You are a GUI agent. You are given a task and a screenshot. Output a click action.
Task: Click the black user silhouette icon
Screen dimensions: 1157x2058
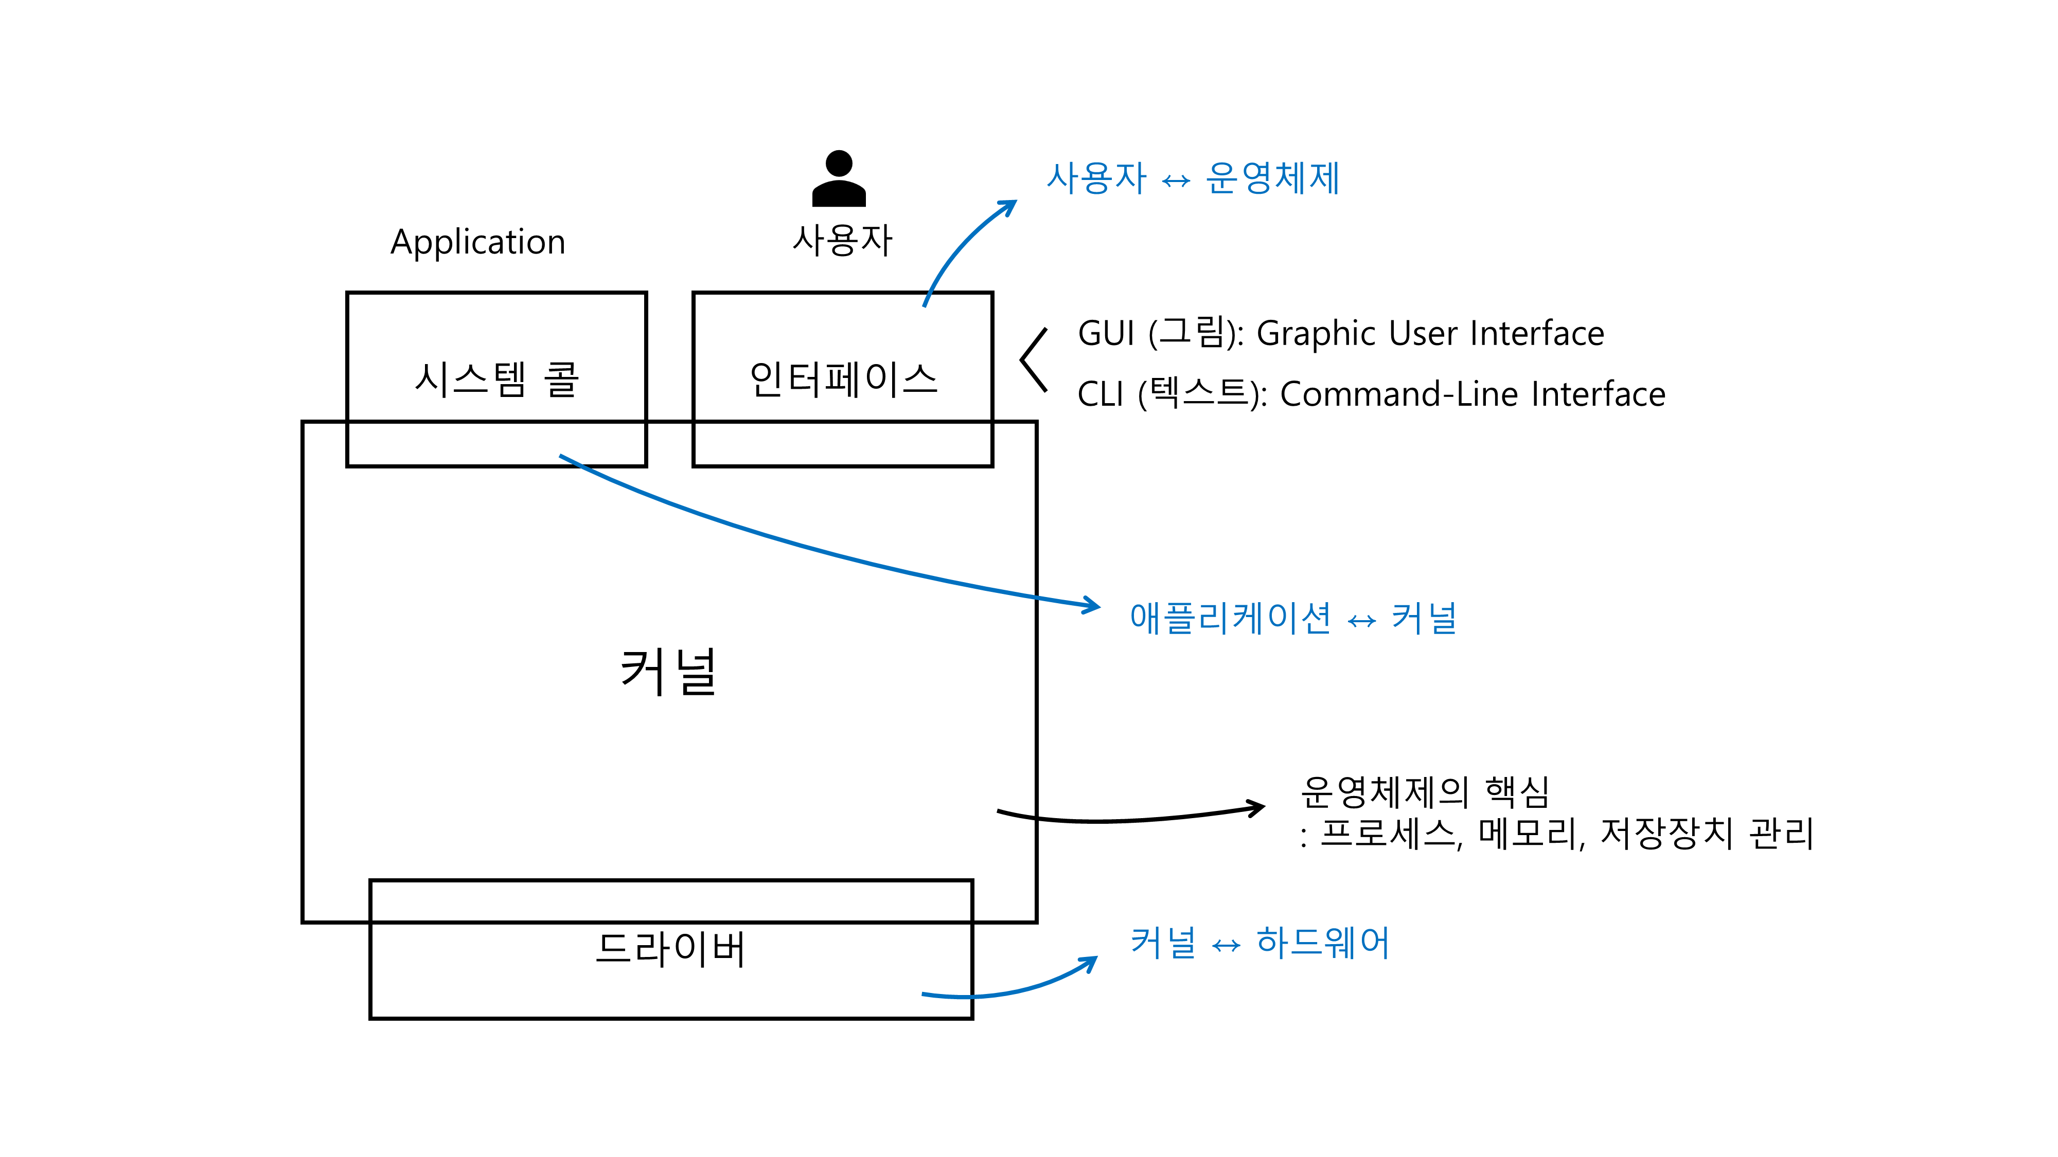[x=838, y=179]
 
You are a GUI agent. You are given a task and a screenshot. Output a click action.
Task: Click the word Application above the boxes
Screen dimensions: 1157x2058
[x=478, y=242]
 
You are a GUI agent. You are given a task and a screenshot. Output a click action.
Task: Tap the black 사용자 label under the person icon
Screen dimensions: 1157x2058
[x=842, y=240]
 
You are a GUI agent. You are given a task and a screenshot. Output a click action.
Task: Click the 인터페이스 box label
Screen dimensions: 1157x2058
[x=843, y=379]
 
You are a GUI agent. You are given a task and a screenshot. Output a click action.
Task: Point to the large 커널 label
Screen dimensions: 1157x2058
[x=669, y=672]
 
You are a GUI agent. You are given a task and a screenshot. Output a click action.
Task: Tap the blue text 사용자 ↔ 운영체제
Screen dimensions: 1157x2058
[x=1193, y=178]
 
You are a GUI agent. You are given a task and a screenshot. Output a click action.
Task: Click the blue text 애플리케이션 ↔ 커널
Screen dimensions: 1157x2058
[x=1292, y=618]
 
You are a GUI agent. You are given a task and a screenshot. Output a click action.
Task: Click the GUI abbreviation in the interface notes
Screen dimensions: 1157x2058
[x=1106, y=334]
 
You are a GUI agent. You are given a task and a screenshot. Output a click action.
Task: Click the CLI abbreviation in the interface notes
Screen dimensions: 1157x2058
[x=1100, y=394]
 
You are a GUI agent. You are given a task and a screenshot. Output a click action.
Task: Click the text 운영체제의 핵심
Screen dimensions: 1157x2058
[x=1425, y=792]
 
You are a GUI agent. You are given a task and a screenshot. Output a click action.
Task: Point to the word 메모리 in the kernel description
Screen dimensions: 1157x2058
[x=1528, y=834]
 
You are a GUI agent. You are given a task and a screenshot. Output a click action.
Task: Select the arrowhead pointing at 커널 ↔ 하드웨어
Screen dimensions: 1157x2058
[x=1090, y=964]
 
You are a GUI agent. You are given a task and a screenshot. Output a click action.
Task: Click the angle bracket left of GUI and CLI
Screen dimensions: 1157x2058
[x=1034, y=360]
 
